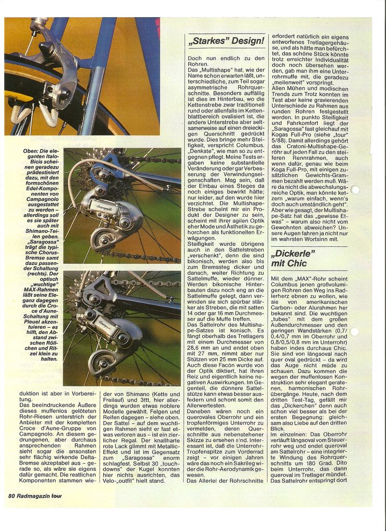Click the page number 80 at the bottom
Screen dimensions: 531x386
[11, 495]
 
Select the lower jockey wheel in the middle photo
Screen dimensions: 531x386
[103, 240]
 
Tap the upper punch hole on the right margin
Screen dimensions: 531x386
[355, 190]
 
